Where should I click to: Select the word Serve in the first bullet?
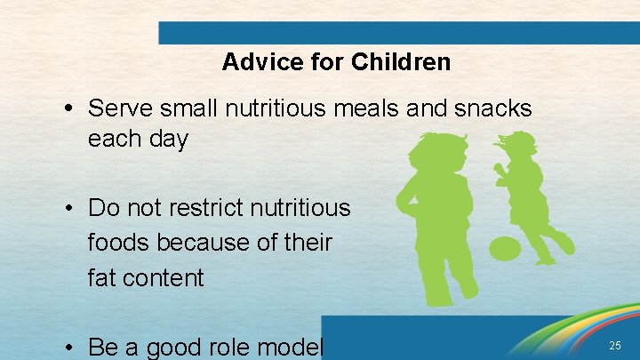tap(120, 109)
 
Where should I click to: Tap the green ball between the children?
tap(504, 248)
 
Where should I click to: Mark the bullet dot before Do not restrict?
tap(69, 209)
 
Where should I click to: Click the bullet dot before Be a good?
tap(69, 348)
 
